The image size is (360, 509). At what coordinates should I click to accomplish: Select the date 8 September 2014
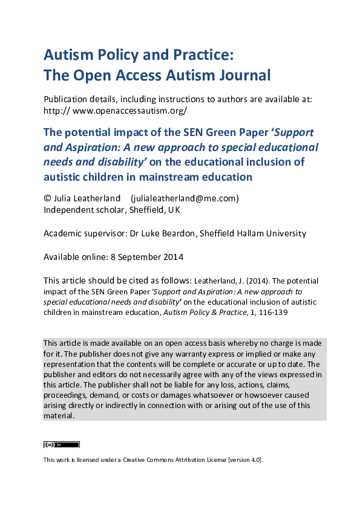(147, 256)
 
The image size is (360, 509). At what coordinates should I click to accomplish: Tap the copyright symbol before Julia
(47, 198)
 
